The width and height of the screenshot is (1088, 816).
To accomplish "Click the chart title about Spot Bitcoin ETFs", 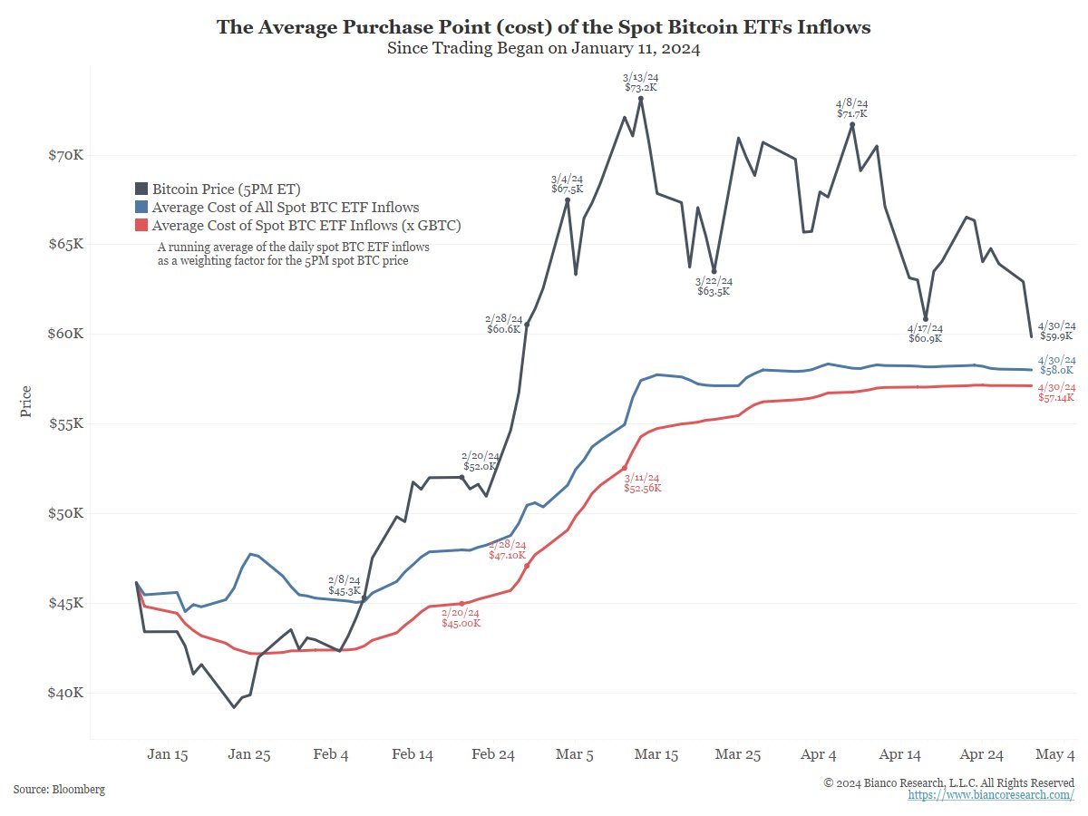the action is [543, 27].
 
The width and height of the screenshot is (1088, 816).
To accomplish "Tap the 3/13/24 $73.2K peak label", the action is [640, 83].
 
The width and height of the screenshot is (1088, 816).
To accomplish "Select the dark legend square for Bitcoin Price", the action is [141, 189].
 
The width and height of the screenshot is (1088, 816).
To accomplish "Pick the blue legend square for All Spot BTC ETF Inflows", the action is [141, 208].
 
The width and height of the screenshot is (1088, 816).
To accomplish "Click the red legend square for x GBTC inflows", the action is [141, 226].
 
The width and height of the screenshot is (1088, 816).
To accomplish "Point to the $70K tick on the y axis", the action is [65, 155].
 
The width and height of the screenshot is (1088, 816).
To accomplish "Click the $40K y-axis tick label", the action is [65, 693].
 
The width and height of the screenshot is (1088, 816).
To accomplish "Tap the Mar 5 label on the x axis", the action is [574, 754].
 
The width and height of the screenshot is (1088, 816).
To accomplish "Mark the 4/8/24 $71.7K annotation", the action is [851, 109].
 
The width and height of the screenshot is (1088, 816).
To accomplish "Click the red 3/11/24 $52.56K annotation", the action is [642, 482].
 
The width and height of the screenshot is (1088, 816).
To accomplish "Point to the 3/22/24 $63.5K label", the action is [714, 287].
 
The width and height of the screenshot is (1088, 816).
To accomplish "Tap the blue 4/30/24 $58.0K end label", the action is [1056, 364].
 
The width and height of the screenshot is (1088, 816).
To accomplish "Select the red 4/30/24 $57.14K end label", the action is [1056, 393].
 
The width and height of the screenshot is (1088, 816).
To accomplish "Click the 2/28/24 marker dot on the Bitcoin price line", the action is [527, 325].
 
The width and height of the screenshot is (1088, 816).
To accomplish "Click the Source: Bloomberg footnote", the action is [59, 790].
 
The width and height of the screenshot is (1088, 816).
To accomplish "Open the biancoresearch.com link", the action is [991, 795].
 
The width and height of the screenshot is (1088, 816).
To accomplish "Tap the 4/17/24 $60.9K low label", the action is [925, 333].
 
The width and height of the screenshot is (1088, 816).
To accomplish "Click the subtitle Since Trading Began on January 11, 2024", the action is [543, 49].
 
